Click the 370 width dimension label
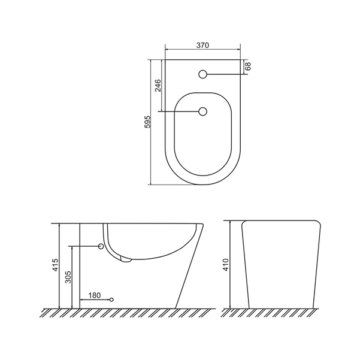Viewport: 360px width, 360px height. point(202,46)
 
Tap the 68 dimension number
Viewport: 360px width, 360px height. point(248,66)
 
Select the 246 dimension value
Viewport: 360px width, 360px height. point(158,86)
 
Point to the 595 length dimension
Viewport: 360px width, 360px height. point(147,122)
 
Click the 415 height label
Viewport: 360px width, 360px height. point(56,265)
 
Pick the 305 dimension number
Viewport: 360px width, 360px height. point(68,277)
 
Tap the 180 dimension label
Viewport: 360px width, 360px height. point(95,295)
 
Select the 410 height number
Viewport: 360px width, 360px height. point(226,265)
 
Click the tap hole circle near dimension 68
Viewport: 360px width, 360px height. point(202,74)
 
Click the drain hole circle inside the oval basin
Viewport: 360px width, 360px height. point(202,111)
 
